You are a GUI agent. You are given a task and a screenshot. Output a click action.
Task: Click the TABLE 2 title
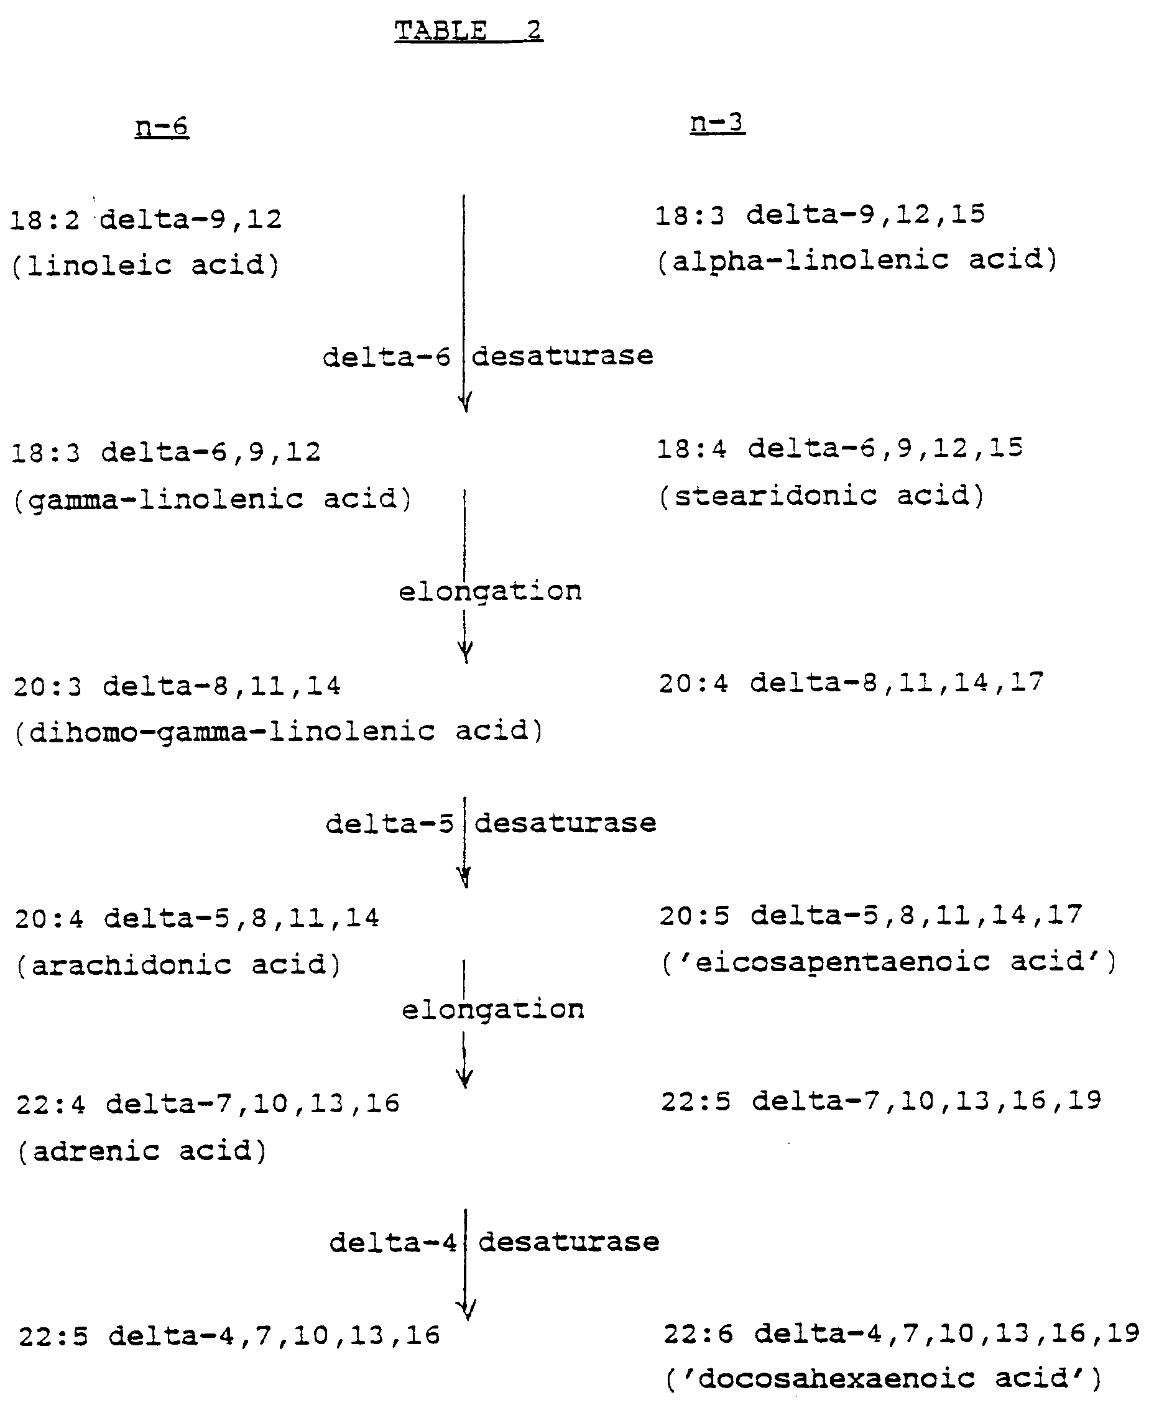tap(469, 30)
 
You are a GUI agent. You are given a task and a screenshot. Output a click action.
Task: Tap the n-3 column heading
tap(718, 122)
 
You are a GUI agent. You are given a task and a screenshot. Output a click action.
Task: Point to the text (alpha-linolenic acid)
tap(857, 260)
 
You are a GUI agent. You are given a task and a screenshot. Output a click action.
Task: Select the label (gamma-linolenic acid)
tap(212, 499)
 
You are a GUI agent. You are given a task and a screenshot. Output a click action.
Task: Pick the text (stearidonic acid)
tap(821, 495)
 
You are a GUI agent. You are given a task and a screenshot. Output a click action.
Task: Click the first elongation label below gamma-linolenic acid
tap(490, 591)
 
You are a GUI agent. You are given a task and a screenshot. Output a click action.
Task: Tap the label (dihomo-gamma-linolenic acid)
tap(279, 731)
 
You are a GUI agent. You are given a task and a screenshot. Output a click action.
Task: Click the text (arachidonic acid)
tap(178, 964)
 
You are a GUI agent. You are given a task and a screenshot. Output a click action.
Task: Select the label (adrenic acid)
tap(142, 1151)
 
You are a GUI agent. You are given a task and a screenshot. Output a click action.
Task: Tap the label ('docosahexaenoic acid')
tap(884, 1378)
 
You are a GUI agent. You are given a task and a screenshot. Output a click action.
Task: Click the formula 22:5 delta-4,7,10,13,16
tap(229, 1336)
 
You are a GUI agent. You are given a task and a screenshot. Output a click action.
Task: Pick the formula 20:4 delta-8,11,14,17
tap(851, 683)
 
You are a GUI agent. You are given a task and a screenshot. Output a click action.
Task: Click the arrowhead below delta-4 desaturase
tap(467, 1309)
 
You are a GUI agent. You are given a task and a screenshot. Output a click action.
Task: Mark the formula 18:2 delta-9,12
tap(146, 219)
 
